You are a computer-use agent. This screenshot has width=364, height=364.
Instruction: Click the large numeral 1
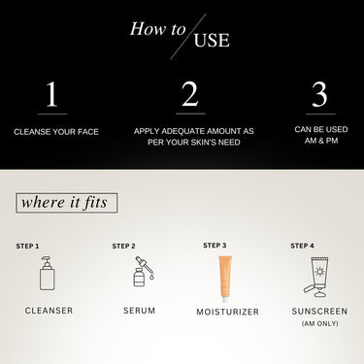(x=51, y=94)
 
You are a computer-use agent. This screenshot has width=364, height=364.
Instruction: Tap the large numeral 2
(x=190, y=94)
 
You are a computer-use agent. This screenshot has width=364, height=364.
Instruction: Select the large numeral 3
(x=319, y=94)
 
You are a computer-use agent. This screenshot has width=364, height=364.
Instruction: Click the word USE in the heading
(x=212, y=40)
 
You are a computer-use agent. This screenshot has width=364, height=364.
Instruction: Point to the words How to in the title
(x=158, y=28)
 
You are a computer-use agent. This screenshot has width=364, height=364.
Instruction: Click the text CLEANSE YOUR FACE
(x=56, y=132)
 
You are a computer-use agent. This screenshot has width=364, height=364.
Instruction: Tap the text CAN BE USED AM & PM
(x=321, y=135)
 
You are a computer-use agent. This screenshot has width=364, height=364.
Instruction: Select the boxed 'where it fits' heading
(x=66, y=203)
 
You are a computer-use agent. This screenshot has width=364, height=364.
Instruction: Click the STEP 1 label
(x=27, y=247)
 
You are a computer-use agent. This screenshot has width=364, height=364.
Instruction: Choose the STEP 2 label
(x=124, y=247)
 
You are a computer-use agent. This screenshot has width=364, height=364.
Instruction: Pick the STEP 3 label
(x=215, y=246)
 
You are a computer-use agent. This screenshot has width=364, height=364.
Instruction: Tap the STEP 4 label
(x=302, y=246)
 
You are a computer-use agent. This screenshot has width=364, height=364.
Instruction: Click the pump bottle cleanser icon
(x=48, y=273)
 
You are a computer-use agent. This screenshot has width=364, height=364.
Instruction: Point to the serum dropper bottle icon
(x=144, y=271)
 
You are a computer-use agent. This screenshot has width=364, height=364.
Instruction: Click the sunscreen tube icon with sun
(x=316, y=277)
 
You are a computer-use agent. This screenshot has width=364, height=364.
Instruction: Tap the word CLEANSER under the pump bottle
(x=49, y=311)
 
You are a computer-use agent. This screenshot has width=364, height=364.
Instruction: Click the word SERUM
(x=140, y=311)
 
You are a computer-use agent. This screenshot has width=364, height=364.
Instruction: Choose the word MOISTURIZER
(x=228, y=312)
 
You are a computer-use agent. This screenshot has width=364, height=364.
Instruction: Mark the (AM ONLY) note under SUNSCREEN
(x=320, y=323)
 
